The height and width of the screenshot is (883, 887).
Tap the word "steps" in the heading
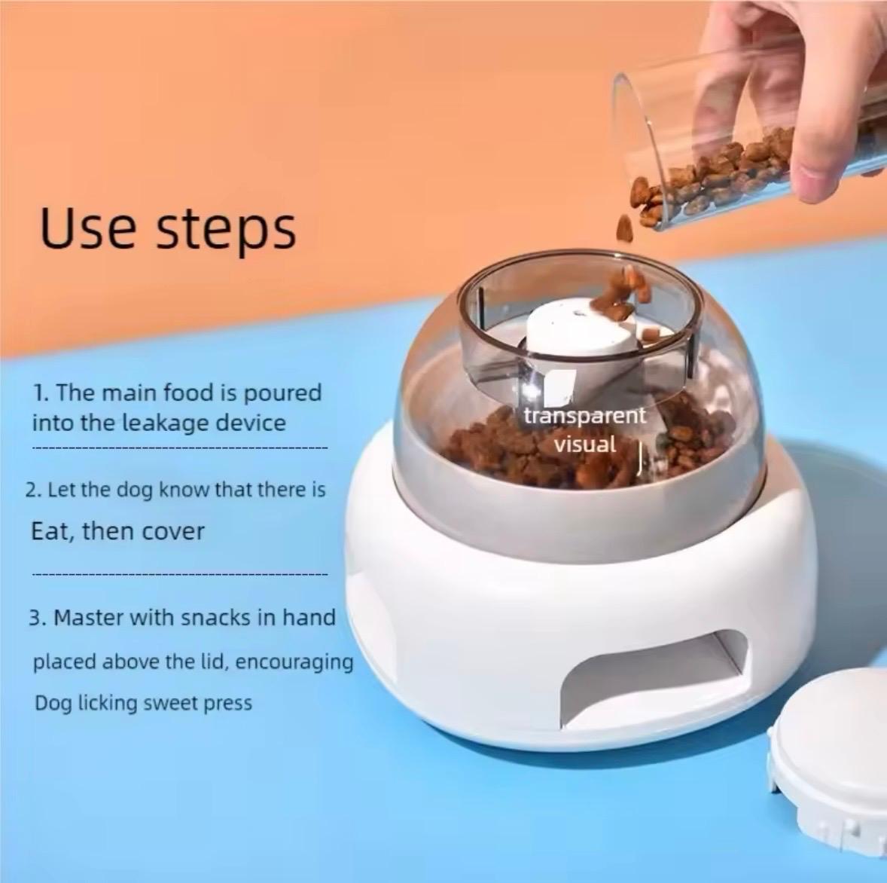(225, 231)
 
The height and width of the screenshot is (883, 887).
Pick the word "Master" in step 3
(90, 618)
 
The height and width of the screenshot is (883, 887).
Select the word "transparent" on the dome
(584, 416)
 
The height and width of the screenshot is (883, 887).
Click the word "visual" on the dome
(584, 444)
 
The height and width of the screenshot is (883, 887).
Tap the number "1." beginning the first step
(42, 393)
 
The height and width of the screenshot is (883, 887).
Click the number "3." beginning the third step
(38, 619)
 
